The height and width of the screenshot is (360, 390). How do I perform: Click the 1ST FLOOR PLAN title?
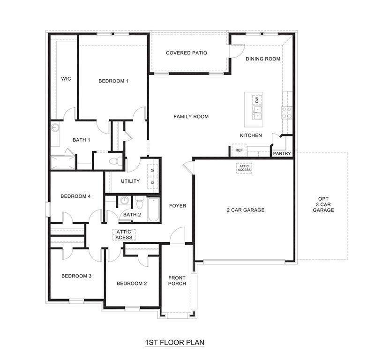click(174, 343)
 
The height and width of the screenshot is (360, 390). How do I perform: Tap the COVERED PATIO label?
click(186, 53)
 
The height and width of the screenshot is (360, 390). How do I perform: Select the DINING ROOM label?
click(263, 59)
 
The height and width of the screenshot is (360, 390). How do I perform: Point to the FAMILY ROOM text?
click(191, 117)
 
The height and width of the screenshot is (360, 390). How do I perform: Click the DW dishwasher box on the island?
click(256, 99)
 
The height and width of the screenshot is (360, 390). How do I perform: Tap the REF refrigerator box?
click(239, 150)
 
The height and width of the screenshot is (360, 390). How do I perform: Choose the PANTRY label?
click(282, 153)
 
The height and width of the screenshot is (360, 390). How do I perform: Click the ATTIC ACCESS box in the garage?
click(244, 167)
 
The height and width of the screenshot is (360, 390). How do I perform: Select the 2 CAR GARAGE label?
click(246, 210)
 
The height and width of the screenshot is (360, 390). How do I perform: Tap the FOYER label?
click(178, 206)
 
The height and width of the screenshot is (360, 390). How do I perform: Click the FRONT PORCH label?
click(177, 280)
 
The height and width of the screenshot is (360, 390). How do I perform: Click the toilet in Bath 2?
click(139, 203)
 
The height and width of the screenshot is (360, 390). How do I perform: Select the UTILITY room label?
click(130, 181)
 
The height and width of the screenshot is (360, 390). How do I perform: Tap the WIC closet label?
click(66, 79)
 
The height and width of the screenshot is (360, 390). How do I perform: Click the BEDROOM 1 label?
click(113, 81)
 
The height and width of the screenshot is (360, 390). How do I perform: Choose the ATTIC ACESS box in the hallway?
click(124, 235)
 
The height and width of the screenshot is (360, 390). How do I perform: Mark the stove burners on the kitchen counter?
click(286, 112)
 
